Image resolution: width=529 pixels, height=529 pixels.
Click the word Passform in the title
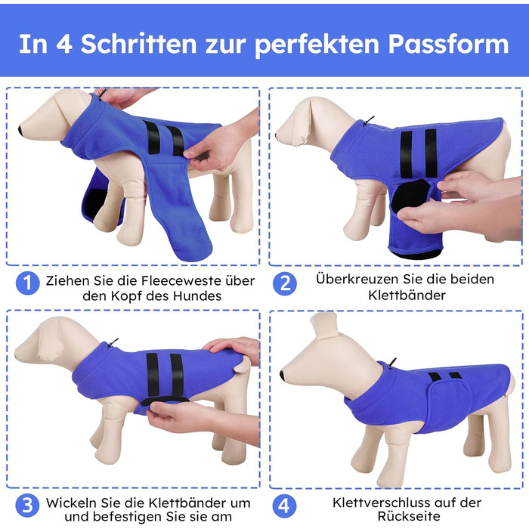pos(448,45)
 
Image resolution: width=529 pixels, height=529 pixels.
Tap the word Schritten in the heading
pos(138,44)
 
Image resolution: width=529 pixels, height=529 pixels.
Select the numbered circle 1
pos(28,283)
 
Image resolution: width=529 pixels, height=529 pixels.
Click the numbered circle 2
pos(285,283)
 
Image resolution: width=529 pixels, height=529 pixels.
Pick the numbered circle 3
pos(28,506)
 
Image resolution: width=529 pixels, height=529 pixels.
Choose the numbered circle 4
pos(285,506)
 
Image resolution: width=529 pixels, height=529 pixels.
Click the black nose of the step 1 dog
pos(21,130)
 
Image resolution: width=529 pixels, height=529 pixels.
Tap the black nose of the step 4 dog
pos(282,376)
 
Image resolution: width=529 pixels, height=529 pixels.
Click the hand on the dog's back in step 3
pos(233,349)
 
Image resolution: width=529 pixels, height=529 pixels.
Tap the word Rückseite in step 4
pos(409,516)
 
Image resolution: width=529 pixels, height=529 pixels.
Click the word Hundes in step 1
pos(197,296)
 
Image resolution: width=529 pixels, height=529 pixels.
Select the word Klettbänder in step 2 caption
pos(407,295)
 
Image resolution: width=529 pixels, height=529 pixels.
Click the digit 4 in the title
pos(63,44)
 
